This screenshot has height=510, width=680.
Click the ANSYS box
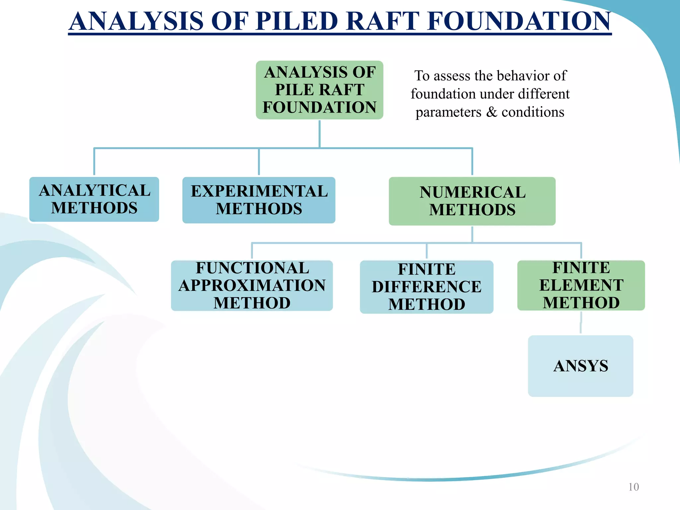point(580,366)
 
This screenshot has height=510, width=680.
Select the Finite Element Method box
point(581,286)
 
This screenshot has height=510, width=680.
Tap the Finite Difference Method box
point(426,287)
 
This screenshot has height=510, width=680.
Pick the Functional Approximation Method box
point(252,286)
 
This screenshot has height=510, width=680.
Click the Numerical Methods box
point(472,201)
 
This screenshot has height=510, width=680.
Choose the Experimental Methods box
point(259,200)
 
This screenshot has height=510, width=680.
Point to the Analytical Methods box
point(94,199)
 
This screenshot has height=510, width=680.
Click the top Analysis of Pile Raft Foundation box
point(319,90)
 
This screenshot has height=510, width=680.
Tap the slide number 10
point(634,487)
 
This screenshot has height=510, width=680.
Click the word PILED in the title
point(297,21)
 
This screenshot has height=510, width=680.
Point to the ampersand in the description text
point(492,112)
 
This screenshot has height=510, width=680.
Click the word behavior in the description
point(525,76)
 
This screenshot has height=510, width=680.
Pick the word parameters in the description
point(448,113)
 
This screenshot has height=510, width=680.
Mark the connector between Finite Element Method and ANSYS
point(581,323)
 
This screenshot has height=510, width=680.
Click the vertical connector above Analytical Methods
point(94,161)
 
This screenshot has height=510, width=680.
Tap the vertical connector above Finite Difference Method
point(427,251)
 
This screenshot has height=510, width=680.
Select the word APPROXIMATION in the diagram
point(252,286)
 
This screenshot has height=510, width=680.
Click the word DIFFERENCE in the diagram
point(427,287)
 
